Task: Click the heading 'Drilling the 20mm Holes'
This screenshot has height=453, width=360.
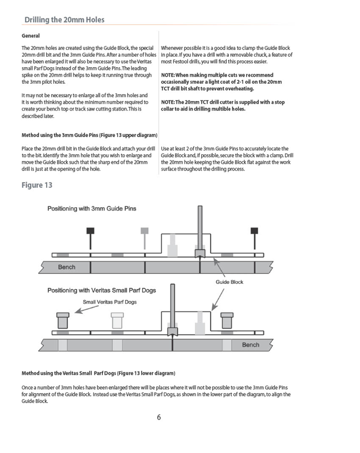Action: [x=64, y=19]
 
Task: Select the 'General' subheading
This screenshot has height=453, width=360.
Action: [x=31, y=36]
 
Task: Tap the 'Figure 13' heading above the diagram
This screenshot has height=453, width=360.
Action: [x=37, y=185]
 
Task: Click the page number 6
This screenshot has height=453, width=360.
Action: [x=159, y=417]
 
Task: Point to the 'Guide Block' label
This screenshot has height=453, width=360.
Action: [x=229, y=282]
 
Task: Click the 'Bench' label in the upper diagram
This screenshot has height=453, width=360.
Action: [x=67, y=267]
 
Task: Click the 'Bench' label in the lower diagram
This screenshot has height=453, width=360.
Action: [x=251, y=345]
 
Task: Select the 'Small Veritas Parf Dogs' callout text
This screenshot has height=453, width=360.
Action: [x=109, y=302]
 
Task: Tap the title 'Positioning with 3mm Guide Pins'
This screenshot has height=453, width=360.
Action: [x=92, y=208]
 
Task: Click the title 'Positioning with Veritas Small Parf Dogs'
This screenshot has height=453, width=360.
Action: [x=102, y=290]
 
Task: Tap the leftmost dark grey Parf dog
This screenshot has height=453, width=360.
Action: [x=63, y=321]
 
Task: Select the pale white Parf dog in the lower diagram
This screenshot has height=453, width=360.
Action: [x=117, y=321]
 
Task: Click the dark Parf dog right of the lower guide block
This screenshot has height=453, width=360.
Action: [x=227, y=321]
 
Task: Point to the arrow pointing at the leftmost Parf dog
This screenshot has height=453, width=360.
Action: [x=87, y=309]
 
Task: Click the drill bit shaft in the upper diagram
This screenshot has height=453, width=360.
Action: [x=200, y=228]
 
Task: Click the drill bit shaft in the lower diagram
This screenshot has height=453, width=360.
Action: [x=173, y=306]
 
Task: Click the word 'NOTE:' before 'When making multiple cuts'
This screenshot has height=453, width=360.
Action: [x=168, y=75]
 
